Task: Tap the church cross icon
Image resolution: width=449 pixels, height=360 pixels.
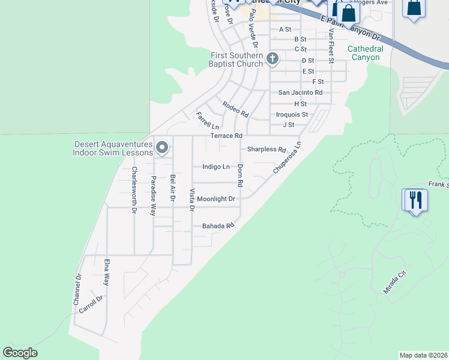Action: click(x=273, y=59)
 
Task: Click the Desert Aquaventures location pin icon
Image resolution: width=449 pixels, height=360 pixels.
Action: click(x=161, y=147)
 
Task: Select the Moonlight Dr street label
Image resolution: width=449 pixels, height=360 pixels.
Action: click(x=216, y=199)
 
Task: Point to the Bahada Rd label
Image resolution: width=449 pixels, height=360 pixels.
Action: click(x=217, y=226)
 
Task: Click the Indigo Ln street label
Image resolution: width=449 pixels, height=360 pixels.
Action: click(x=216, y=167)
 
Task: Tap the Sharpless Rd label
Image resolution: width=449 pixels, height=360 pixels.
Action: click(x=266, y=149)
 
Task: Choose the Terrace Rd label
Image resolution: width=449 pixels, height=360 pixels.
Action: click(x=226, y=136)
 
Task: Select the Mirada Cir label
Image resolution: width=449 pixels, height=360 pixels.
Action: click(x=395, y=281)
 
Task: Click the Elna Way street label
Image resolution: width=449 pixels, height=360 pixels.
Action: click(x=106, y=272)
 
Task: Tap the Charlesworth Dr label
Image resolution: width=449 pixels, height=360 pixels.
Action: click(x=133, y=190)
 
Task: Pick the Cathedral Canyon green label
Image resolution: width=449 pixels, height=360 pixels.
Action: click(x=364, y=53)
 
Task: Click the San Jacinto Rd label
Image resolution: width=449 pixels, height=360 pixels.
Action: click(x=300, y=92)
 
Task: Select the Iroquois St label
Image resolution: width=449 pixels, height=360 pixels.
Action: click(x=292, y=115)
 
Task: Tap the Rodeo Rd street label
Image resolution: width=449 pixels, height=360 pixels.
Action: click(x=235, y=109)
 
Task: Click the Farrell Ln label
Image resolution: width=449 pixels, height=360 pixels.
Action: click(x=208, y=121)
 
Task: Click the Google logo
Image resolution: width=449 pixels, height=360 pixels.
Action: click(x=20, y=353)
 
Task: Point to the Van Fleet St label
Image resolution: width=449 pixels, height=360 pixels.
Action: click(x=330, y=46)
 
